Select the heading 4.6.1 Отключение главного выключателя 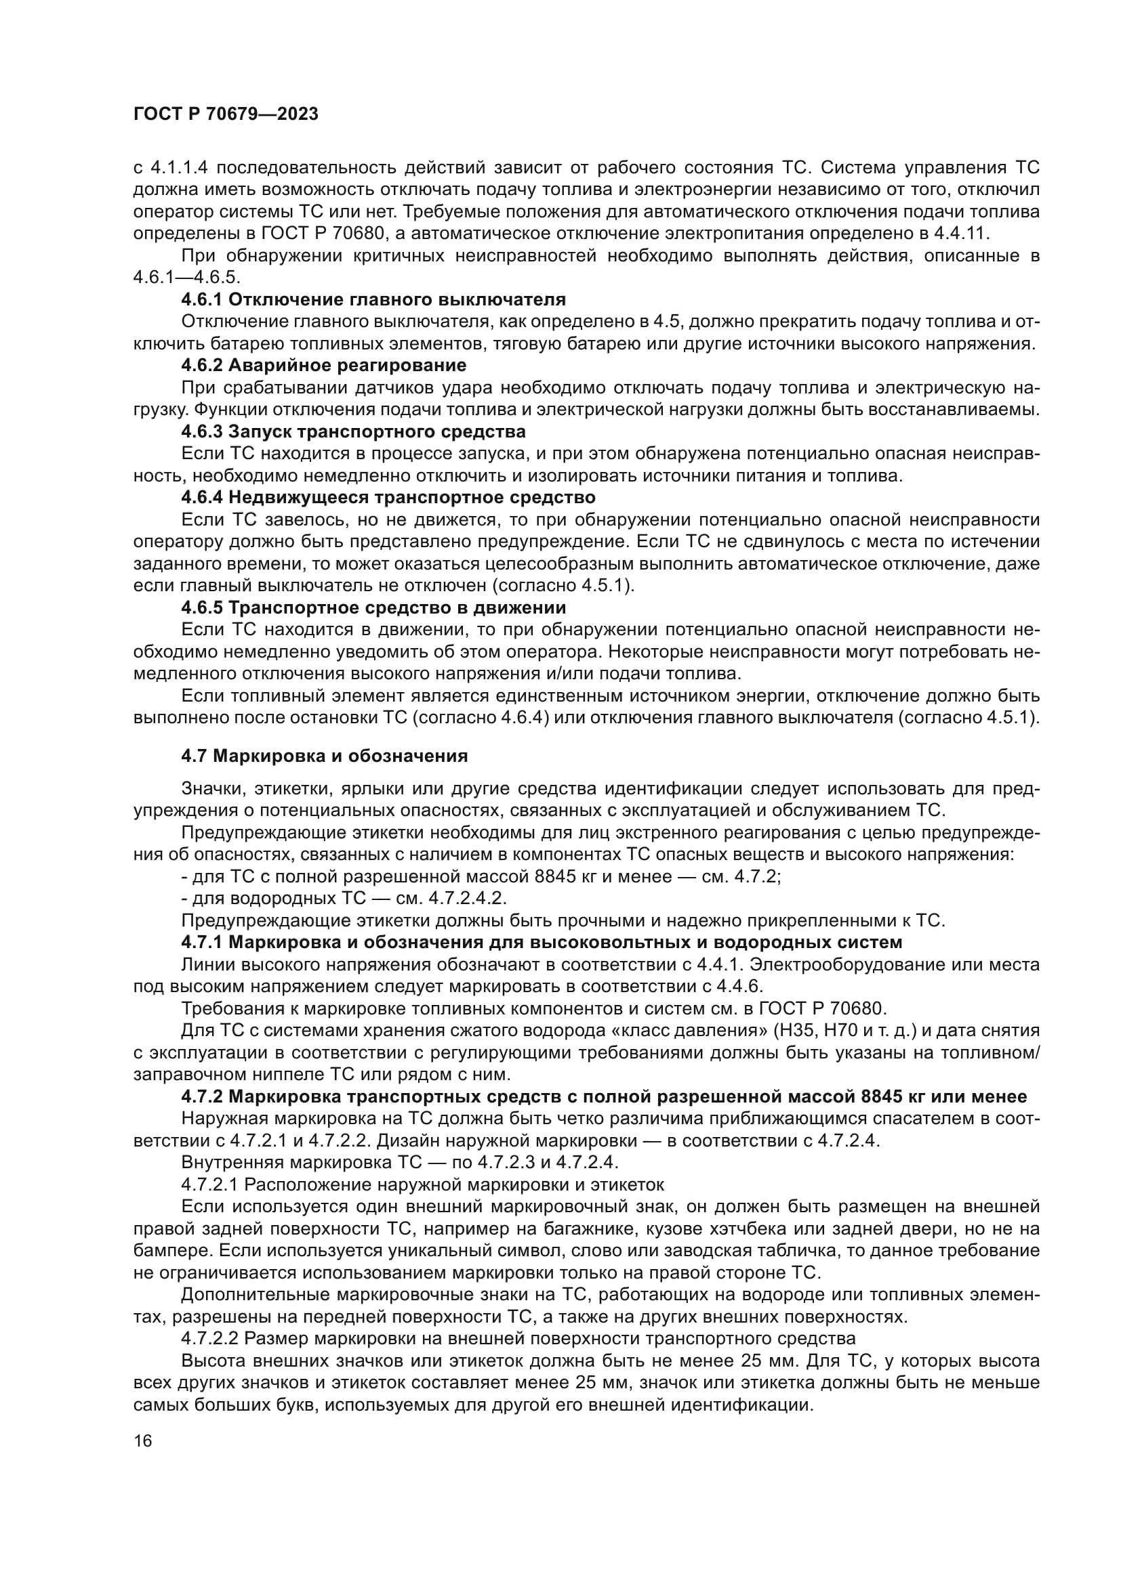[373, 299]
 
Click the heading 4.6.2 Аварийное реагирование [324, 365]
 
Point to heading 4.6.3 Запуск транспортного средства [353, 432]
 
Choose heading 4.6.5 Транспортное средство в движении [373, 607]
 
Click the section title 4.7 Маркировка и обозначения [325, 756]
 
